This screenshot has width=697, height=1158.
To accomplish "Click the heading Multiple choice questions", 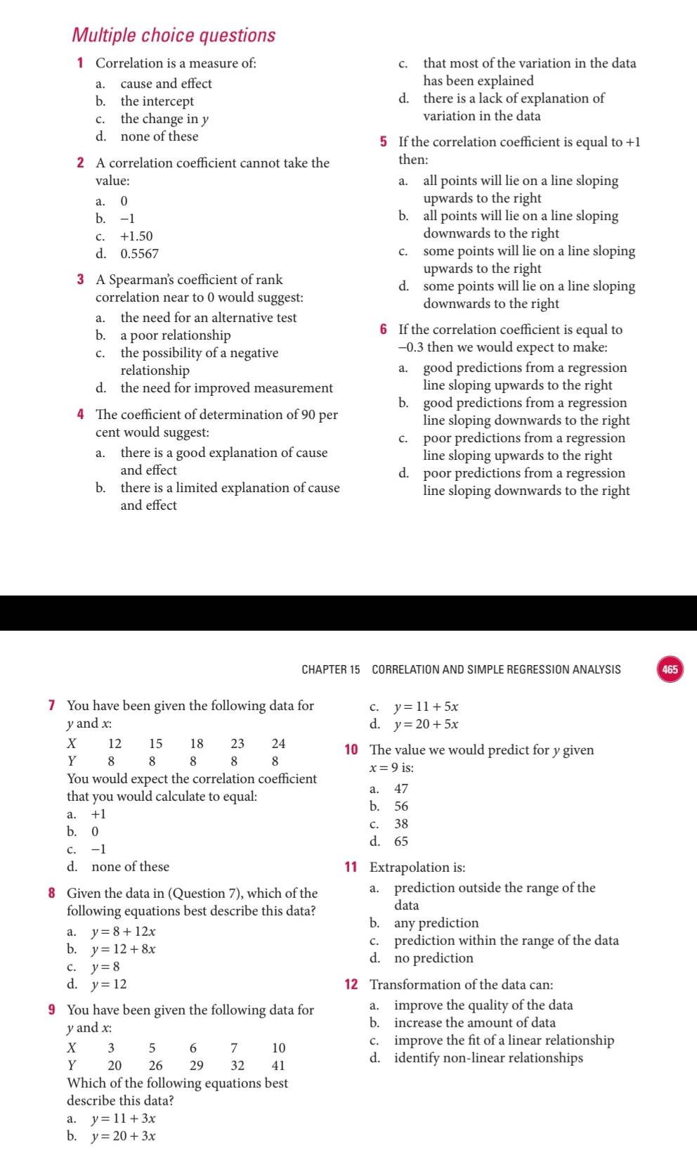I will click(174, 35).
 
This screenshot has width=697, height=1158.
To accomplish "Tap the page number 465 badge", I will click(670, 669).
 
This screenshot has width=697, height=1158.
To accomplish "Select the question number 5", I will click(384, 142).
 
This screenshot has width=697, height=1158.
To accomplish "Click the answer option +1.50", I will click(136, 236).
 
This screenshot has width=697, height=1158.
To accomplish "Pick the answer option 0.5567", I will click(140, 254).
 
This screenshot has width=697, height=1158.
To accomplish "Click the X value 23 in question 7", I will click(237, 744).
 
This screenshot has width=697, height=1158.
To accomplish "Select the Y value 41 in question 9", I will click(278, 1066).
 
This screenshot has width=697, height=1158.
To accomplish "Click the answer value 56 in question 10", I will click(401, 806).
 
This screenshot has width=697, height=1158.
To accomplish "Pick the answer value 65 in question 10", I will click(401, 842).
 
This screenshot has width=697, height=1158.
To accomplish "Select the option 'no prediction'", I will click(434, 958).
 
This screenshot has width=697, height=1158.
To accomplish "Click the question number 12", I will click(351, 985).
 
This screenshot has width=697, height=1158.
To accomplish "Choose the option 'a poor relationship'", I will click(176, 335).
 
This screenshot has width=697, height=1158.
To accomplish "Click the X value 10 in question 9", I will click(279, 1048).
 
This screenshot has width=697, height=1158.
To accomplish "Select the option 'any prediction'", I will click(436, 923).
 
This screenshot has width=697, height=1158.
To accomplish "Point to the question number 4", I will click(82, 415).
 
